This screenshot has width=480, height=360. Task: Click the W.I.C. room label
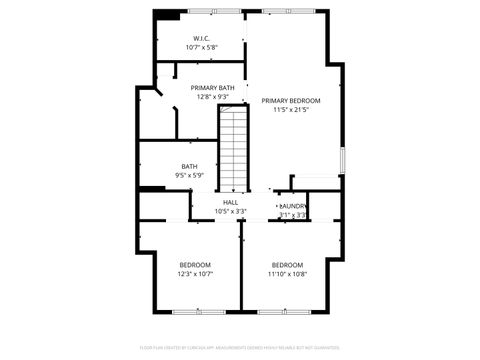(x=201, y=39)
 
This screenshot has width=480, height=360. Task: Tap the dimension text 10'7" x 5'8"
(x=201, y=48)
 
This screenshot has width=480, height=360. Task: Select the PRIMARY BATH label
(x=214, y=88)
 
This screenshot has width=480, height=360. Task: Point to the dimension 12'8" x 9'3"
(x=214, y=97)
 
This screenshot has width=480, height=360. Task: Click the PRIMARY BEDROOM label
(x=291, y=101)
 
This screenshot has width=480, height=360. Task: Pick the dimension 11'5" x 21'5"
(x=291, y=110)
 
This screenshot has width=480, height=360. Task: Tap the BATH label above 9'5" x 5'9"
(x=189, y=166)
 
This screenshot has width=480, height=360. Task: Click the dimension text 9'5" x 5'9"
(x=189, y=175)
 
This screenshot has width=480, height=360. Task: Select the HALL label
(x=230, y=203)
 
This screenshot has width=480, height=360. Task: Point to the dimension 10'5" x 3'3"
(x=230, y=212)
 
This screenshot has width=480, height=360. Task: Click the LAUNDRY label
(x=293, y=206)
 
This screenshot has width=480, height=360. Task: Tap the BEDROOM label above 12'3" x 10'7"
(x=195, y=264)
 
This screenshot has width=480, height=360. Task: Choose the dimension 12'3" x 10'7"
(x=195, y=273)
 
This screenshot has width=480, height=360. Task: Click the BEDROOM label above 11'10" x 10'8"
(x=288, y=264)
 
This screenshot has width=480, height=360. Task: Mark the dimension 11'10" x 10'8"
(x=288, y=273)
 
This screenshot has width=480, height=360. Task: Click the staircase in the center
(x=233, y=150)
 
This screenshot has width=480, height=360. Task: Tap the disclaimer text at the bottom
(x=240, y=349)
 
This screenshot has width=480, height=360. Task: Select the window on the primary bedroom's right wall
(x=342, y=159)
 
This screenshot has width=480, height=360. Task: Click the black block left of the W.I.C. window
(x=168, y=13)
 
